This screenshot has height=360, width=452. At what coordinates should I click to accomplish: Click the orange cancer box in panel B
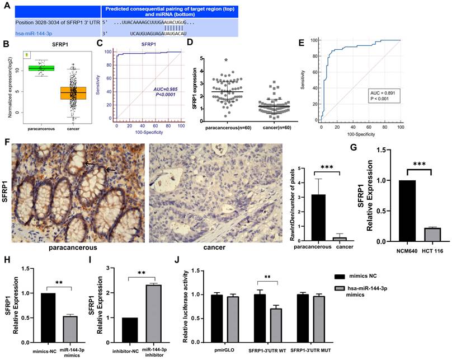[x=73, y=93]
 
